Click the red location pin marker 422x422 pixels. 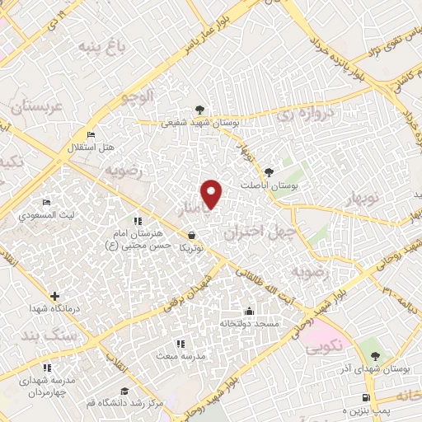[213, 194]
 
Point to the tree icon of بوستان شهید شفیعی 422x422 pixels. [198, 110]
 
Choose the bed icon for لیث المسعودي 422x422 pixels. [47, 202]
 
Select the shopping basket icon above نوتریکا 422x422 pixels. [191, 235]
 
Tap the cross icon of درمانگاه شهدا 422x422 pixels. [54, 296]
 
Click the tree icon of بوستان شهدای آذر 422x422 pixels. [375, 356]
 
